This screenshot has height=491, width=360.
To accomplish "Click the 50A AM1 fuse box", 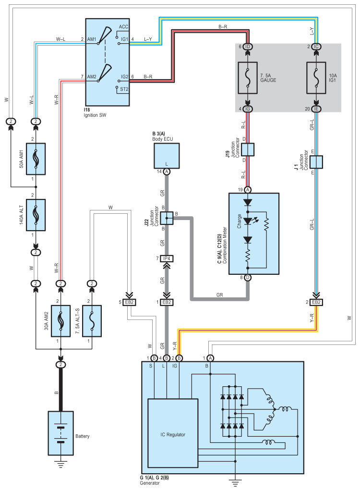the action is click(x=36, y=159).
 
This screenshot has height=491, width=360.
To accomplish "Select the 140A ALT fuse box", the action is click(x=36, y=215).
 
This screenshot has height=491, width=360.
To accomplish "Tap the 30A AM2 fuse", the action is click(x=60, y=321).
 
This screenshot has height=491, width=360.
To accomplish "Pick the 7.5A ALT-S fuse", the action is click(x=92, y=321).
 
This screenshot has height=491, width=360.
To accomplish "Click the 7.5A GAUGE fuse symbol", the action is click(x=248, y=78).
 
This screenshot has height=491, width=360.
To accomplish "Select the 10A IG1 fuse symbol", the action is click(x=316, y=78).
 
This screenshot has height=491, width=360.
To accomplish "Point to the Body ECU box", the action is click(x=167, y=156).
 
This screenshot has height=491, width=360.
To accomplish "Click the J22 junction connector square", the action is click(x=167, y=218).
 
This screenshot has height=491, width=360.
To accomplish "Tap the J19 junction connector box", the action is click(x=248, y=149).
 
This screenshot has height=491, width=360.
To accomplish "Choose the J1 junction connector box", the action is click(x=316, y=162).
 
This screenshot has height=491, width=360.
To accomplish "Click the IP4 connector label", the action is click(x=167, y=258).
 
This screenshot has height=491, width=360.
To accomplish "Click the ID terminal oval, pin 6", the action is click(x=248, y=47).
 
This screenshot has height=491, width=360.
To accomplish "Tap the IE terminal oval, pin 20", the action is click(x=316, y=109).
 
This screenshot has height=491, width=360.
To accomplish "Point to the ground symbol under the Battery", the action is click(x=60, y=465).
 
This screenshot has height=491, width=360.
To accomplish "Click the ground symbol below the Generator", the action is click(x=235, y=483).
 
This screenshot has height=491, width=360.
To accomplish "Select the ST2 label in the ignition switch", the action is click(x=124, y=89).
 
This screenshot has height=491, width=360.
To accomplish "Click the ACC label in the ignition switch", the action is click(x=123, y=26).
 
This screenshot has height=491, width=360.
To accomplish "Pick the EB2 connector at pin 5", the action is click(x=129, y=302).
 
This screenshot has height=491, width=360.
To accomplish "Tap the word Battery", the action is click(x=82, y=436).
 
